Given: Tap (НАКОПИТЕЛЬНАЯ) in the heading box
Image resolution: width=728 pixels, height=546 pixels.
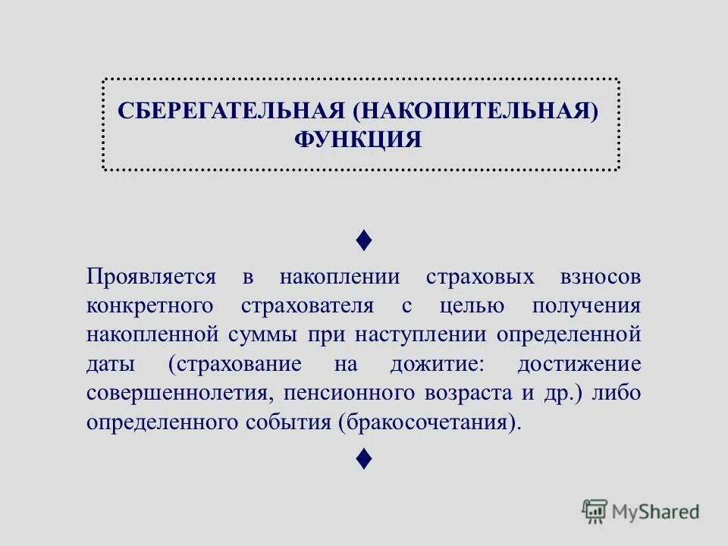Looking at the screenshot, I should pyautogui.click(x=475, y=111).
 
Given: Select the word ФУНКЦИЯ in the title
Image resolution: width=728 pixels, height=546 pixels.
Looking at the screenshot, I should pyautogui.click(x=357, y=140).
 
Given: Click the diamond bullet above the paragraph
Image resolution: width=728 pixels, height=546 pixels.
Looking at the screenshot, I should pyautogui.click(x=363, y=241).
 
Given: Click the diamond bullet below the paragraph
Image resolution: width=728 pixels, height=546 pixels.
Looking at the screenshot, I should pyautogui.click(x=363, y=458).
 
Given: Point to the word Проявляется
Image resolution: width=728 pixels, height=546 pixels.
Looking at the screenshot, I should pyautogui.click(x=152, y=276).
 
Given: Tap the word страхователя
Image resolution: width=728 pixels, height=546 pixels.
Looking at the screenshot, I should pyautogui.click(x=308, y=305).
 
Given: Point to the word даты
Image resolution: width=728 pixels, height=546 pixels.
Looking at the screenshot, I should pyautogui.click(x=111, y=363).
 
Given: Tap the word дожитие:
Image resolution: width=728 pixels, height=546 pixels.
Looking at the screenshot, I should pyautogui.click(x=436, y=363).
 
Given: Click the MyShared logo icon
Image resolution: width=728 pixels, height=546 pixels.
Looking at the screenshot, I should pyautogui.click(x=595, y=511).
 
